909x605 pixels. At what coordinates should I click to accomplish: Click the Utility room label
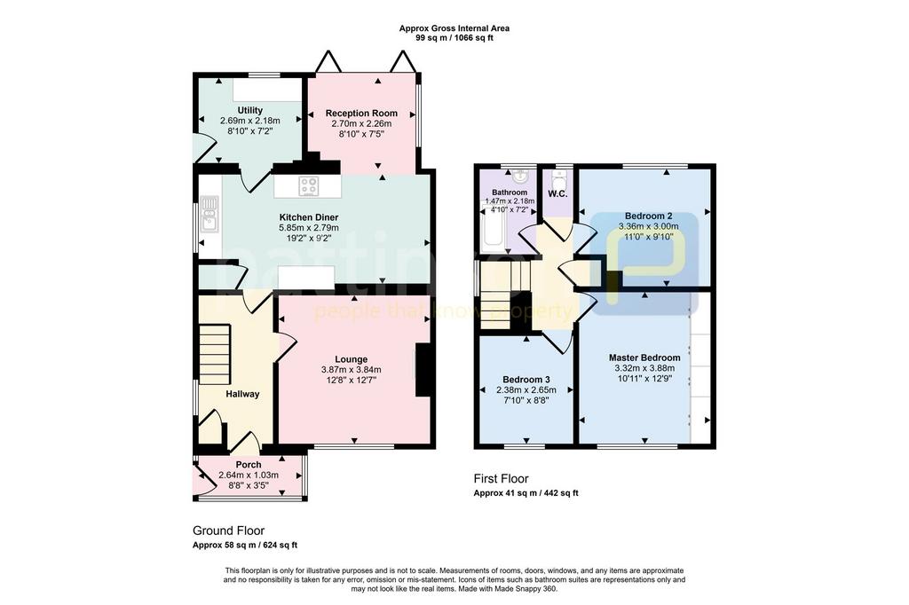pos(249,110)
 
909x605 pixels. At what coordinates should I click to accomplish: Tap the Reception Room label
pos(361,113)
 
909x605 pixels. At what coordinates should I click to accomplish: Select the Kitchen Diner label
pos(308,217)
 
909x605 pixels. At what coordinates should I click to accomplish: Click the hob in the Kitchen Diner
pos(309,186)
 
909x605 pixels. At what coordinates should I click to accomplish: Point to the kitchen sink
pos(208,213)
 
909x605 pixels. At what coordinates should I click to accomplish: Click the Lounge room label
pos(352,359)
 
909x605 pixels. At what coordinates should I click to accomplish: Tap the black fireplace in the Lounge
pos(423,370)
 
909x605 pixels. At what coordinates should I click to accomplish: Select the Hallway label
pos(242,394)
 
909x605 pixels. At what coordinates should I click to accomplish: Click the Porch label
pos(249,465)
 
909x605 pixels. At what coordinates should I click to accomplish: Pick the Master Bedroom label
pos(644,357)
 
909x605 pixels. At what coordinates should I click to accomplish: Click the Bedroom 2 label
pos(648,216)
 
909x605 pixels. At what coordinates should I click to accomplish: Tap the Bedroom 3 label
pos(526,381)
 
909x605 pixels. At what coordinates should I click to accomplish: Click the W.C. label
pos(557,193)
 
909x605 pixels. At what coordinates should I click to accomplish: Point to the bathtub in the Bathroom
pos(494,229)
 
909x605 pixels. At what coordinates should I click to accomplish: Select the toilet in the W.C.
pos(559,177)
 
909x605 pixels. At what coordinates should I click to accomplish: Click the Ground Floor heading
pos(228,530)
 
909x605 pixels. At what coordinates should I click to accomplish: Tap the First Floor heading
pos(501,479)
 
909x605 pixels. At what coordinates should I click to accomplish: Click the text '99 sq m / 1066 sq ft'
pos(454,37)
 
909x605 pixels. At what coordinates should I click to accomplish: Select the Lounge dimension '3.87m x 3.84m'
pos(352,370)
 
